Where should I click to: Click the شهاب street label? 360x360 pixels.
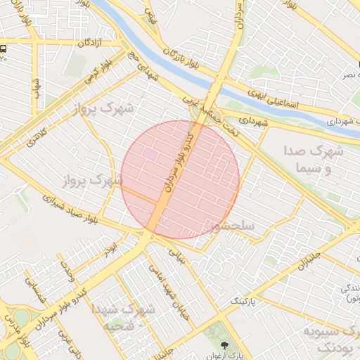pos(36,88)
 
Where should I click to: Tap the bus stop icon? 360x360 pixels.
pos(4,49)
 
